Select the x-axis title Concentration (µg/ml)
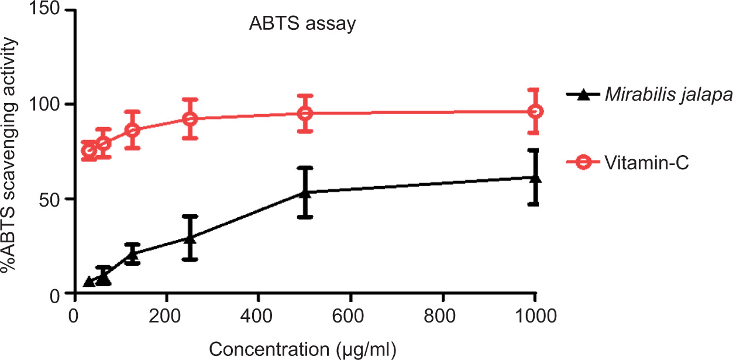[x=302, y=349]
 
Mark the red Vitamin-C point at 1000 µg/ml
[x=535, y=111]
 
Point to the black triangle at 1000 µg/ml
[x=535, y=177]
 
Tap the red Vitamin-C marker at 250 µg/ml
[x=190, y=118]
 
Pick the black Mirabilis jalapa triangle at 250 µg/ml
[x=190, y=238]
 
